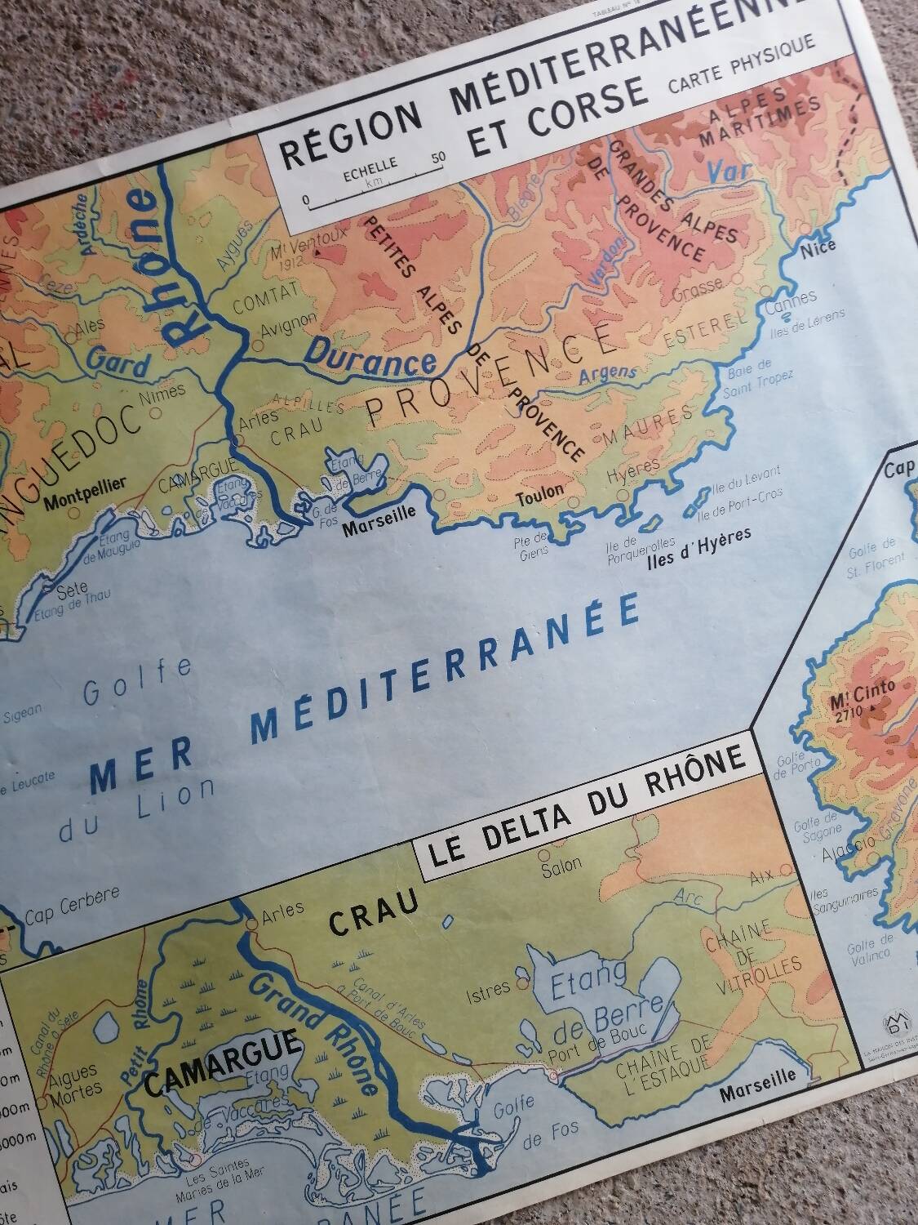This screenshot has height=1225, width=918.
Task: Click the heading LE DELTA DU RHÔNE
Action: point(586,817)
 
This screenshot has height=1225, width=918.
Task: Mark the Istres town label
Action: point(486,989)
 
